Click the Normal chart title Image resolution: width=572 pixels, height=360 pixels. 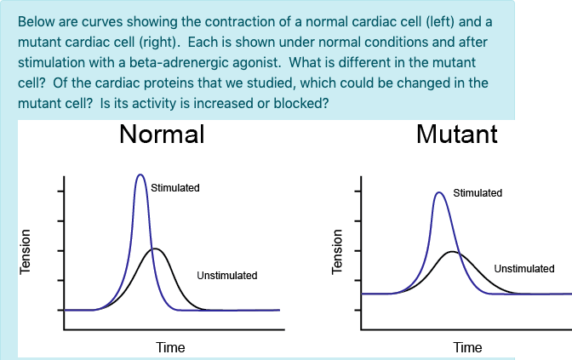coord(162,134)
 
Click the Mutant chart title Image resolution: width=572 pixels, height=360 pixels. coord(456,134)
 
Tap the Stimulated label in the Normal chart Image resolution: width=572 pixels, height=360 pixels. coord(174,187)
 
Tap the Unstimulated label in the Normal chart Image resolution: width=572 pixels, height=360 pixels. coord(226,276)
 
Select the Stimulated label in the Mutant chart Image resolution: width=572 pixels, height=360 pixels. coord(478,193)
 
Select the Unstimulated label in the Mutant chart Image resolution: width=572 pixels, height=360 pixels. coord(523,269)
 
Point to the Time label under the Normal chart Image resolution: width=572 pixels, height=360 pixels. coord(170,347)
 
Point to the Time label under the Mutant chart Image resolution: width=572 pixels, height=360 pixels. coord(467,347)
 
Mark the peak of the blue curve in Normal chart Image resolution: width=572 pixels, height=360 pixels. coord(140,174)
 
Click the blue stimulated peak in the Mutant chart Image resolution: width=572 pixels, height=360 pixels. coord(439,192)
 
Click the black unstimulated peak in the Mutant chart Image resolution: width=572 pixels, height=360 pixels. coord(453,252)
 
